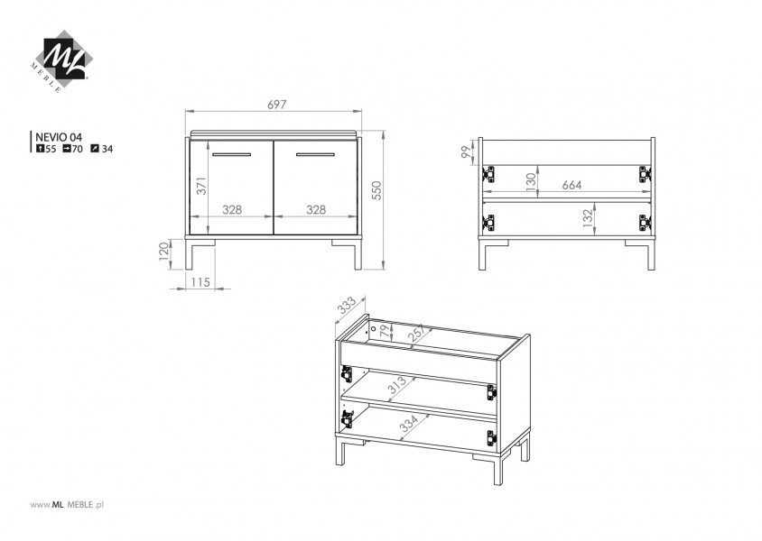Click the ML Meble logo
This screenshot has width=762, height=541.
coord(61,61)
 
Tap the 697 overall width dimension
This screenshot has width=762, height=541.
coord(277,105)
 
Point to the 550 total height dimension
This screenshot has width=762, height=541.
coord(376,190)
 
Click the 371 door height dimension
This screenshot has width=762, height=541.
coord(201,186)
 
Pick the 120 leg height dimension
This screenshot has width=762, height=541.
coord(164,252)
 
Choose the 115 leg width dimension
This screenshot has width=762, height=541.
coord(200,282)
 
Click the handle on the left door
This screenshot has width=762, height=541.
coord(231,155)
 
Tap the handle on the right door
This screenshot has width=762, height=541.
coord(315,155)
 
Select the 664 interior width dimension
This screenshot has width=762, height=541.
coord(572,185)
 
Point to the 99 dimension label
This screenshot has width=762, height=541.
coord(467,152)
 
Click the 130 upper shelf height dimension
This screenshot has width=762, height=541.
coord(531,180)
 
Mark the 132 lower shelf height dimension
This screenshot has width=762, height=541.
coord(588,218)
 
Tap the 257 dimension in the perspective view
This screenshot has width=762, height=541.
coord(417,334)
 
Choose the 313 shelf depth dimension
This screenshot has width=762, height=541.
coord(397,386)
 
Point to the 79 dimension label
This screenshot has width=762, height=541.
coord(385,332)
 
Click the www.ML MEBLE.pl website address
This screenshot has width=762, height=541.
coord(67,505)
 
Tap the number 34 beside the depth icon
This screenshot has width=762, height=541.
coord(107,149)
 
